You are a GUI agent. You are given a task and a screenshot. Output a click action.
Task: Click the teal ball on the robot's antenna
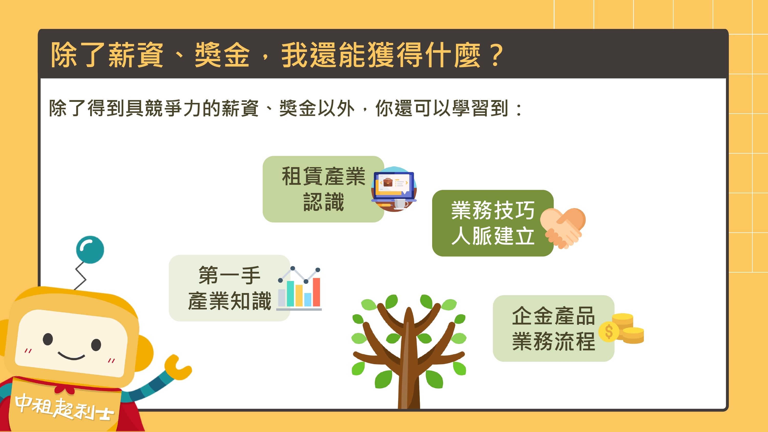[x=90, y=250]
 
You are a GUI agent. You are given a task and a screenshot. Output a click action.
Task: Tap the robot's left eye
[x=48, y=339]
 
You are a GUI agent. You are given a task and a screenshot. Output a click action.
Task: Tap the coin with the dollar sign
[x=609, y=331]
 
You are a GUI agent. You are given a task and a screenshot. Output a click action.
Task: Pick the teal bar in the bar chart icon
[x=290, y=294]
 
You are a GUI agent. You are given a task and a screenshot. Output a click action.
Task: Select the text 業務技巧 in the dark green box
[x=493, y=210]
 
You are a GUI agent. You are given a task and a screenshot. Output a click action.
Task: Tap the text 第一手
[x=230, y=275]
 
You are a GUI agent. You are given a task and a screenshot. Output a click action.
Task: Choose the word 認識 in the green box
[x=324, y=202]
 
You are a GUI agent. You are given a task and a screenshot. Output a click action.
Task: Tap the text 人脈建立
[x=493, y=236]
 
